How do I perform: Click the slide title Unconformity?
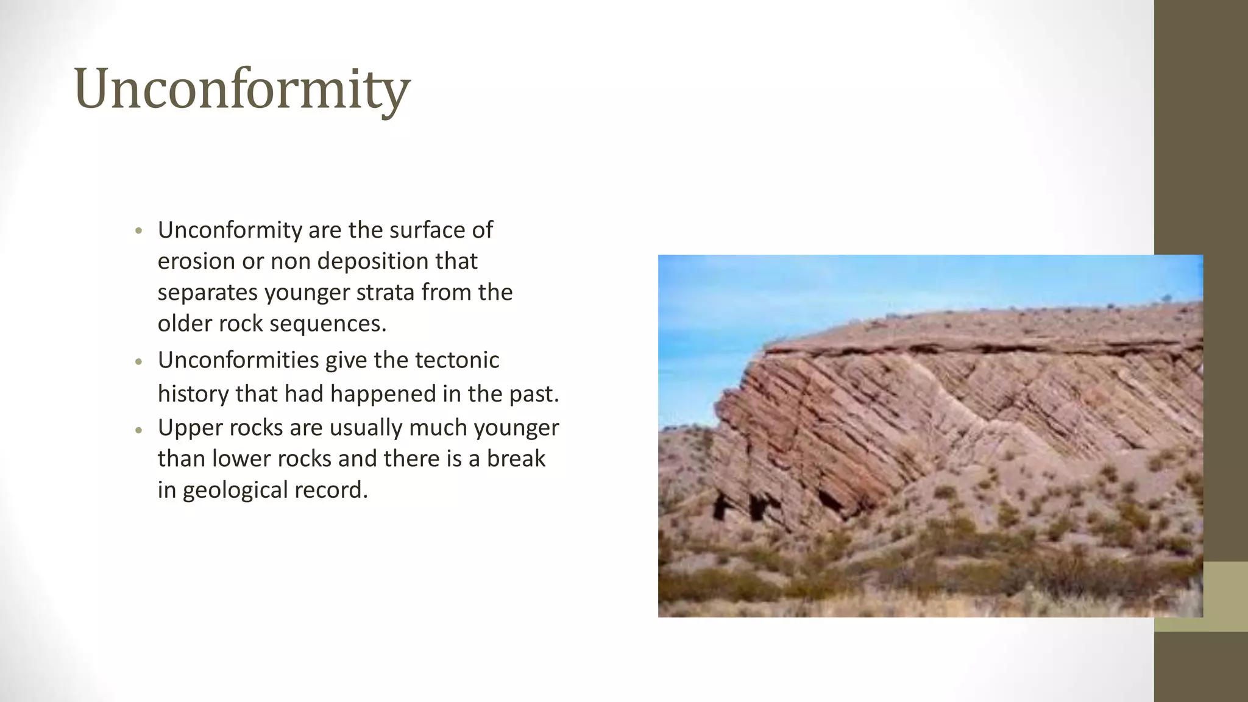click(241, 89)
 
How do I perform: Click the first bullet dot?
click(139, 232)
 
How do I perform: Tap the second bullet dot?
click(139, 361)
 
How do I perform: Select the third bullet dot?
click(139, 430)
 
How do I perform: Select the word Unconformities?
click(238, 360)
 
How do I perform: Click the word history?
click(193, 394)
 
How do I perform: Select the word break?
click(516, 459)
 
